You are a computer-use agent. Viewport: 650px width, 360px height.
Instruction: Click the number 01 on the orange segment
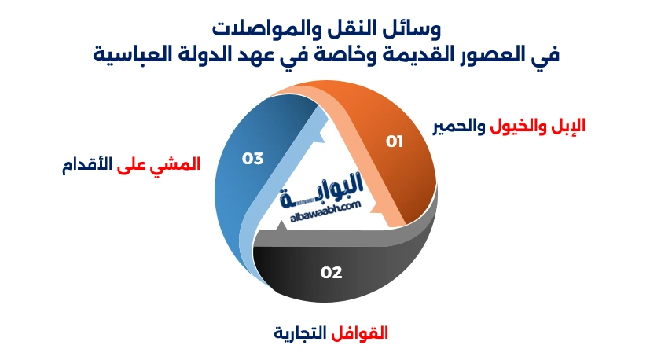coord(394,141)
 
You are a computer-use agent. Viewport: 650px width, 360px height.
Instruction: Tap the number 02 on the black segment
coord(331,273)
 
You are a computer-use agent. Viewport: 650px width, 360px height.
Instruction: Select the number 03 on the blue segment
coord(252,159)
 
